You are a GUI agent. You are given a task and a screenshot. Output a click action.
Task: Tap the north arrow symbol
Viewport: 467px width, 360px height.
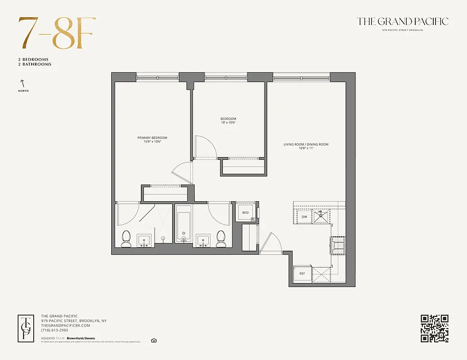coord(21,83)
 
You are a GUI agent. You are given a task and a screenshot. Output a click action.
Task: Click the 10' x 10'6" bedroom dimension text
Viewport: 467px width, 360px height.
coord(228,122)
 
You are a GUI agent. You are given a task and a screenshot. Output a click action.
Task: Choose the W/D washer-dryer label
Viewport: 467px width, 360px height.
coord(245,212)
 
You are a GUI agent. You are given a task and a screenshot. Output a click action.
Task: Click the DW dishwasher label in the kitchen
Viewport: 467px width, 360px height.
coord(304,217)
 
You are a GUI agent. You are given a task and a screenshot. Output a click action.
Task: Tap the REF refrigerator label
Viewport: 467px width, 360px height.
coord(302,274)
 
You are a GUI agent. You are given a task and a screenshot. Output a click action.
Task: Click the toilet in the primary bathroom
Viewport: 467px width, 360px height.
coord(126,238)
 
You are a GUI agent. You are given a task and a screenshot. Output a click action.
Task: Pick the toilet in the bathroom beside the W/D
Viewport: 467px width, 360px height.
coord(221,238)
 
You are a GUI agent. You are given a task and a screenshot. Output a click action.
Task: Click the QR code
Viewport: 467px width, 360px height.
coord(435,328)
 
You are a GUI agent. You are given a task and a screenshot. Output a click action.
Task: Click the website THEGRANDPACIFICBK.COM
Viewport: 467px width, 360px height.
coord(65,325)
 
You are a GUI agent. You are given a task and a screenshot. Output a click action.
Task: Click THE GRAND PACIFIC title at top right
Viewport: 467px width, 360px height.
coord(402,21)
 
